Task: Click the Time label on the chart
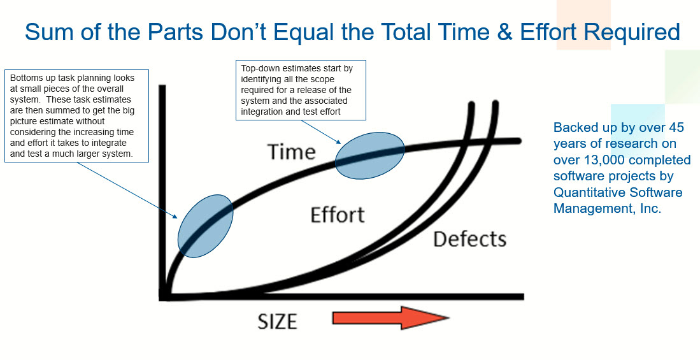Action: click(292, 152)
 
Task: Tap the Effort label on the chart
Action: click(338, 214)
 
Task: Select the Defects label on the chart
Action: click(469, 239)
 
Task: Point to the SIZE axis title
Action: click(277, 322)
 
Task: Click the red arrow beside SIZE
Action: click(390, 317)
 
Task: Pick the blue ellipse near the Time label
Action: click(369, 155)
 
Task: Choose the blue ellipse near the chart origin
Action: click(205, 226)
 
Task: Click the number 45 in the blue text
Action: click(675, 127)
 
